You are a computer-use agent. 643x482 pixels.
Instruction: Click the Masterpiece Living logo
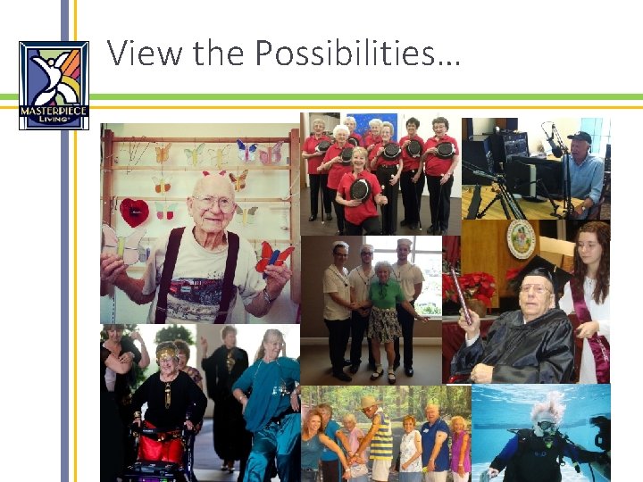54,85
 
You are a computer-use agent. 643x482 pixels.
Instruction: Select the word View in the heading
144,54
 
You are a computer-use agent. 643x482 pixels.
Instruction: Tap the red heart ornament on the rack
135,212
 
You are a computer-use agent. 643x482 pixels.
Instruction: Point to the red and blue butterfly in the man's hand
271,257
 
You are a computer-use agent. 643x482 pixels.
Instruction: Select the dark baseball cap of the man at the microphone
580,137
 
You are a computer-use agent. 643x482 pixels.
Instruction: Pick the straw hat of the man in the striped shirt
369,402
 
